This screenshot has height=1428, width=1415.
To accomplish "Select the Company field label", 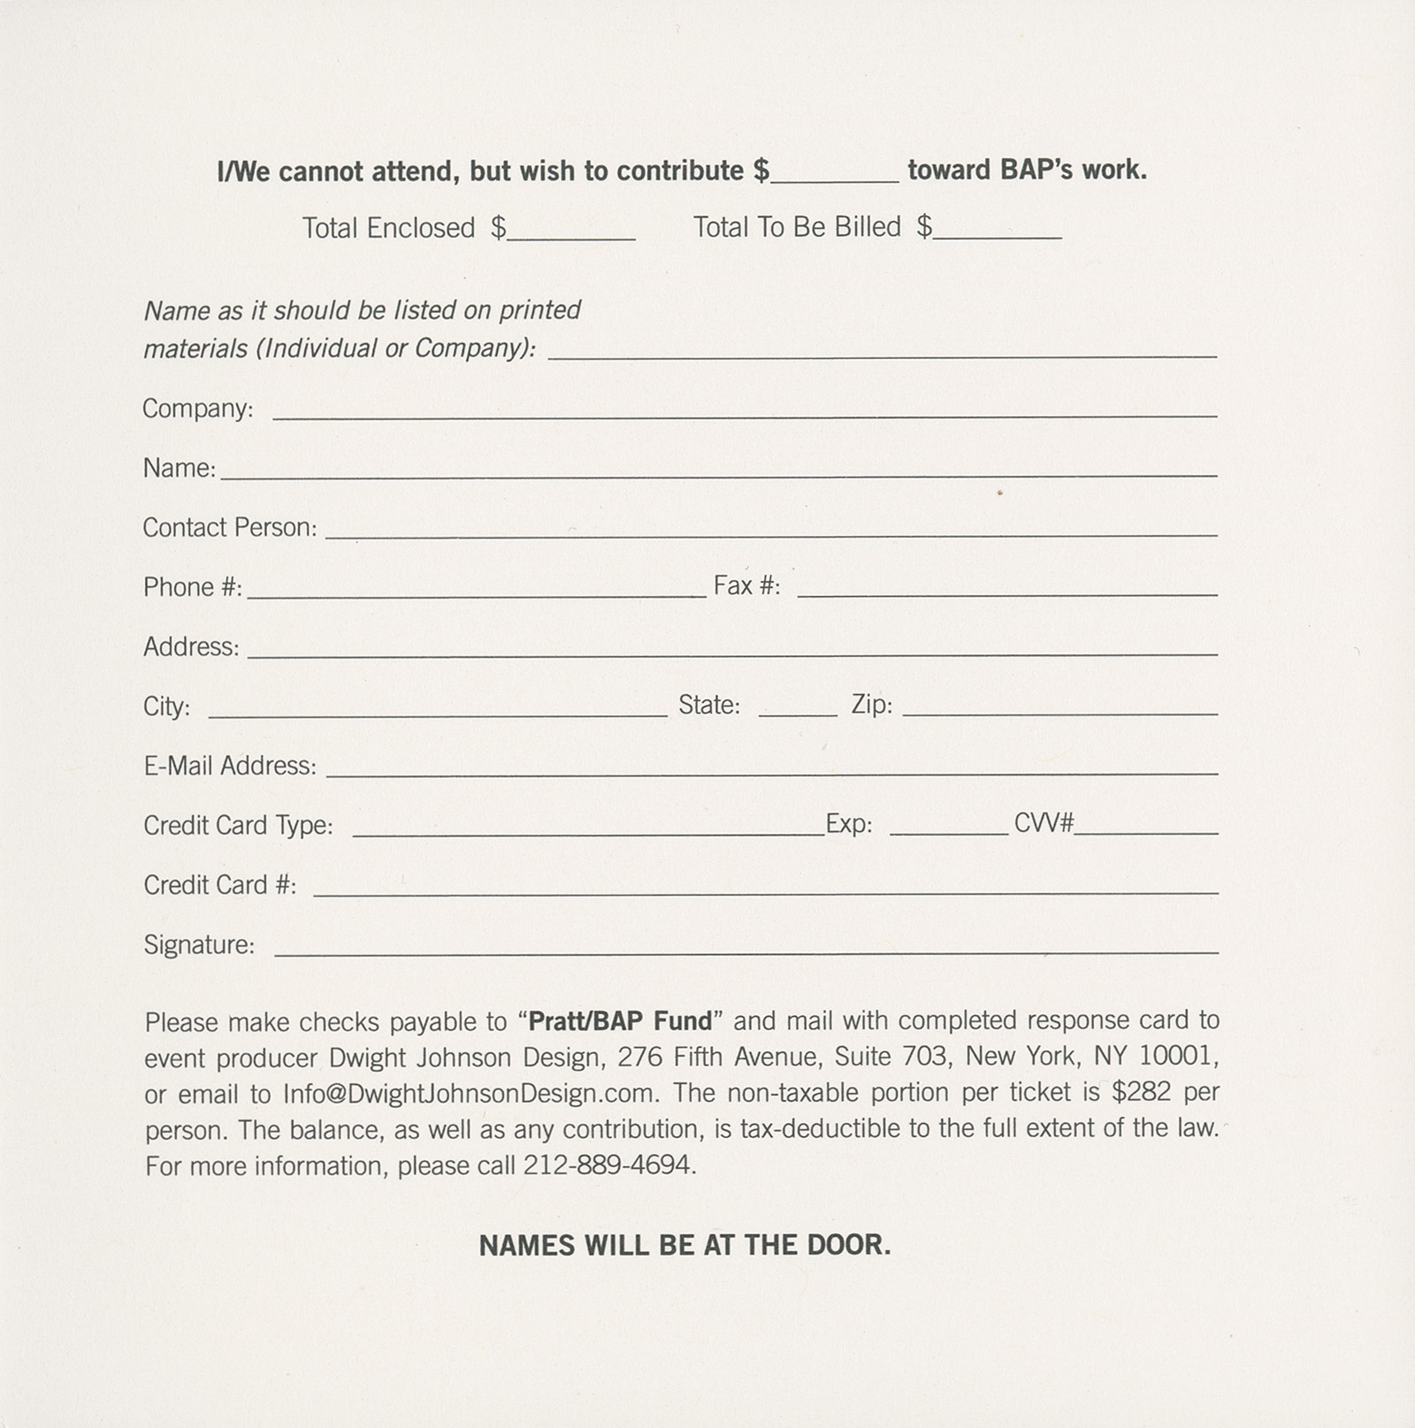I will point(197,409).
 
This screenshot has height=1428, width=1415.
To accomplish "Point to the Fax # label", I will point(746,585).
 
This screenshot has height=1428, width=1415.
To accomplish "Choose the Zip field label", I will point(871,705).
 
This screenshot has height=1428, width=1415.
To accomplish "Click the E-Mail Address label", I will point(230,765).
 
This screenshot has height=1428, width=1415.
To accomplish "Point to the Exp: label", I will point(849,825).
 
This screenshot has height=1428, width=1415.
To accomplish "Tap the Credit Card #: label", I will point(220,885).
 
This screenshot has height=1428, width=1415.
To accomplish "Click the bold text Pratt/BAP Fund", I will point(620,1021).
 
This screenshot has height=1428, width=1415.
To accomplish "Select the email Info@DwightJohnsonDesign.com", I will point(470,1094).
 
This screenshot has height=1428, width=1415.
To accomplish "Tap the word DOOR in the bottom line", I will point(847,1245).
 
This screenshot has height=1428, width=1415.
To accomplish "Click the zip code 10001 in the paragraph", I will point(1174,1057).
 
